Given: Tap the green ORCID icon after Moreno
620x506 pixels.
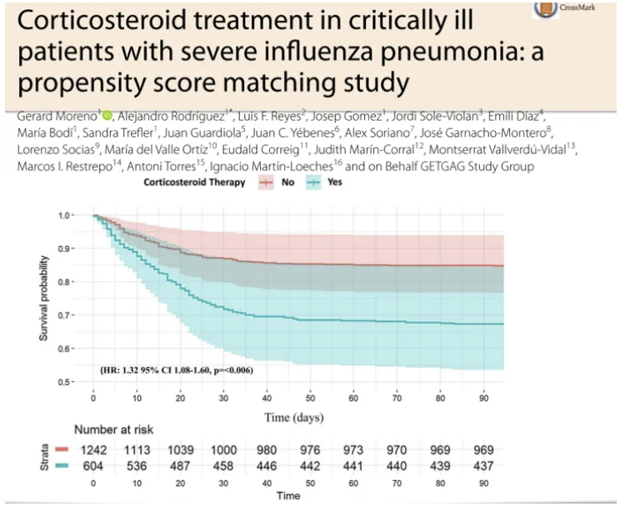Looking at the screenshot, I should pos(107,114).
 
